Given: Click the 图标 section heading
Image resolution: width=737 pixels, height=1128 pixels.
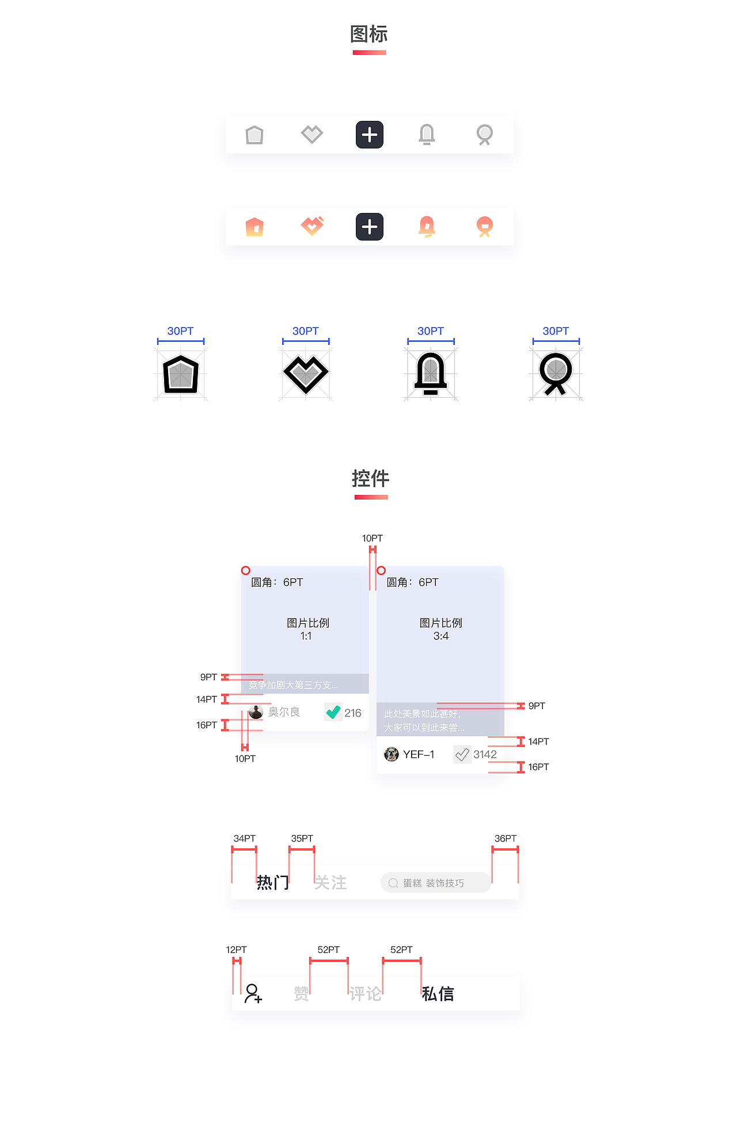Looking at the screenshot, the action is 369,35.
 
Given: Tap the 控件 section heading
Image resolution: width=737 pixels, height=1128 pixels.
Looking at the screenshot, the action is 370,479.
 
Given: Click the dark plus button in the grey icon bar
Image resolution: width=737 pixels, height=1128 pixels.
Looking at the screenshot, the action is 370,135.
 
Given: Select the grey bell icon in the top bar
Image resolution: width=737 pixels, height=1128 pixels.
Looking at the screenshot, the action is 427,135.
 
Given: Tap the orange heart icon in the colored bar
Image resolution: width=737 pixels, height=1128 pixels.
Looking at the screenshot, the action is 312,226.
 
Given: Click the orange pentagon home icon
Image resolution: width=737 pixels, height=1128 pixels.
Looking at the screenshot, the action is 254,227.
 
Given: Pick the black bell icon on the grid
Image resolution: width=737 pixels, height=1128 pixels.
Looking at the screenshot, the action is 431,374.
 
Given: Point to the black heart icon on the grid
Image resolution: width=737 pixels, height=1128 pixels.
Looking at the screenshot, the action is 306,374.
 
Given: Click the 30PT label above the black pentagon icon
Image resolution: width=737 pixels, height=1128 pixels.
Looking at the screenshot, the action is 180,331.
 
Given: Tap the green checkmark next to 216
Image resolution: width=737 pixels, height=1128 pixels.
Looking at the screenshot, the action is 333,712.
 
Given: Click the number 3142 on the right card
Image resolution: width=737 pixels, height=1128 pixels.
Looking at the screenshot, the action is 485,754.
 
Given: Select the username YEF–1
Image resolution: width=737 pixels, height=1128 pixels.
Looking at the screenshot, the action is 419,754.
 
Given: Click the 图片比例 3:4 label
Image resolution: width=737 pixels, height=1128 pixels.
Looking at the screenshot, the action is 441,629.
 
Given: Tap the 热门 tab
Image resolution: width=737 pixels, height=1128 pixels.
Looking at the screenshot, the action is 273,882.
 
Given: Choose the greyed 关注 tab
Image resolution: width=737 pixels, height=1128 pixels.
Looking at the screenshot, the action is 330,883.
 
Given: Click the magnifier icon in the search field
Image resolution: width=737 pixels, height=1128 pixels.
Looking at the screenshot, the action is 393,883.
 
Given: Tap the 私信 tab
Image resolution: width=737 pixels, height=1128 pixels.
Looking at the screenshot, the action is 438,994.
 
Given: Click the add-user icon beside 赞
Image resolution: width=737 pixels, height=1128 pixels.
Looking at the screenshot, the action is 253,994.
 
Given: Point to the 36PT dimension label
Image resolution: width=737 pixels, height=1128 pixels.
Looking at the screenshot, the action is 506,839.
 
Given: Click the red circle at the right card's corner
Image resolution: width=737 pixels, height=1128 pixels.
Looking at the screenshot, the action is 381,570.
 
